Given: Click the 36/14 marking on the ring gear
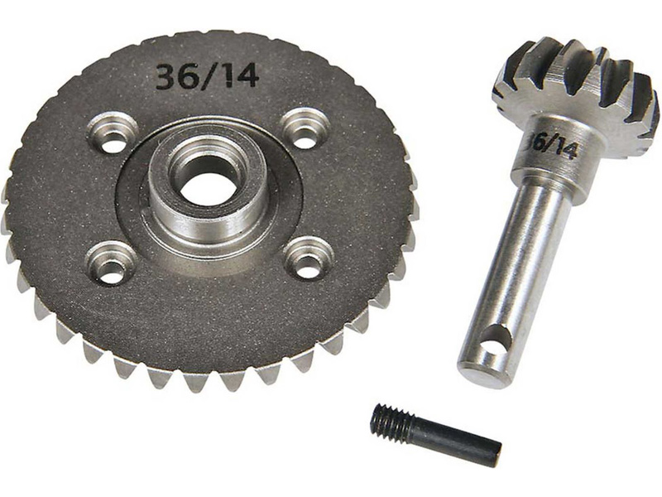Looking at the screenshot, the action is (207, 77).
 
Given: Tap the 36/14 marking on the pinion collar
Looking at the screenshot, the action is (549, 146).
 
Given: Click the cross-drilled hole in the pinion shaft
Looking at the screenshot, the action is (495, 340).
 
